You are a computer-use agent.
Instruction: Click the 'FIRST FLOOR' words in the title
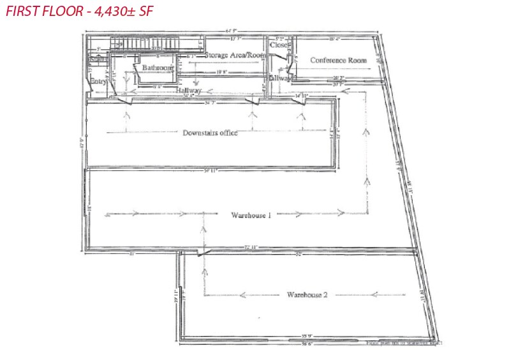[41, 11]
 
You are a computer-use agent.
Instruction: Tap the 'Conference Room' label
[339, 61]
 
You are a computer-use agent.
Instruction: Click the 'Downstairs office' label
[210, 133]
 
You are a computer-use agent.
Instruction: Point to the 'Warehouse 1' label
[251, 215]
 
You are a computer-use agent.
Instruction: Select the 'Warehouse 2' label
[307, 295]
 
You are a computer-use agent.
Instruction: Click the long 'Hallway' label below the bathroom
[189, 91]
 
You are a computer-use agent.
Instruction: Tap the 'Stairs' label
[97, 59]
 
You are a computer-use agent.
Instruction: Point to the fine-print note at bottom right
[403, 343]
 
